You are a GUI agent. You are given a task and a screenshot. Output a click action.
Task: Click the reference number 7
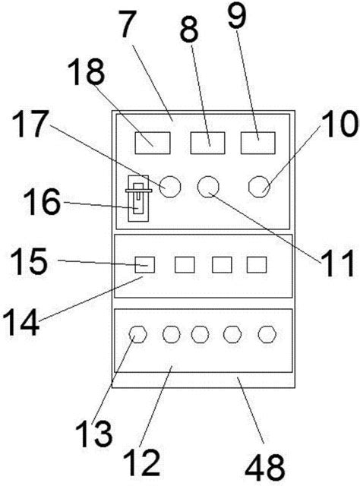coord(128,24)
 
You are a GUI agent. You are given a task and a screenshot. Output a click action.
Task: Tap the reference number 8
coord(189,30)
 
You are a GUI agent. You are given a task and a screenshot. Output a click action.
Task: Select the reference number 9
coord(237,15)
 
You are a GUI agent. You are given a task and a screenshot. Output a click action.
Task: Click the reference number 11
coord(337,263)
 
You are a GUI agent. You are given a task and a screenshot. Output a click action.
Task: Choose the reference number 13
coord(93,432)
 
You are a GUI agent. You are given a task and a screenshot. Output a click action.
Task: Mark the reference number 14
coord(21,322)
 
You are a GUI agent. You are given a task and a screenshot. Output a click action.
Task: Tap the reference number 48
coord(265,467)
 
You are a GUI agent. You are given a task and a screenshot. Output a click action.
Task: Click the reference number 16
coord(42,201)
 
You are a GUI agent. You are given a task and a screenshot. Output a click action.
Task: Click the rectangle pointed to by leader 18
coord(153,143)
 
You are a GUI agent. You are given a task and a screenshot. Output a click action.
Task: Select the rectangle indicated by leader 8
coord(208,143)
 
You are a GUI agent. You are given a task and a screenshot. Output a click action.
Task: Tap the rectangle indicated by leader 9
coord(258,143)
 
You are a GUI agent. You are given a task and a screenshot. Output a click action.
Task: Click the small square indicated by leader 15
coord(145,265)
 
